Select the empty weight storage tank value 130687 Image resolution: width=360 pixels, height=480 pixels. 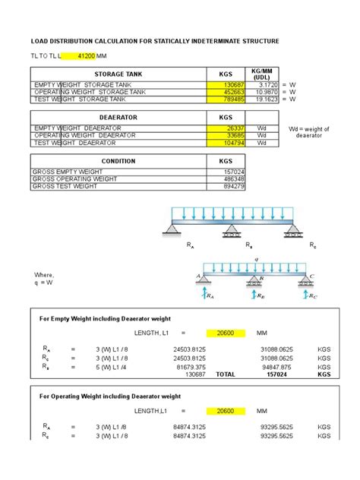[235, 84]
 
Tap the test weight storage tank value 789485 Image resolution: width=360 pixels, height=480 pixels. [235, 99]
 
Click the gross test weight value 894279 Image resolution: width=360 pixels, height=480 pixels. [235, 187]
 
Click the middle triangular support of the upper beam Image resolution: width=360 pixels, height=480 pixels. [229, 229]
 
